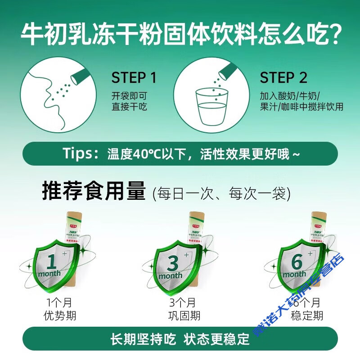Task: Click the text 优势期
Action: pos(60,315)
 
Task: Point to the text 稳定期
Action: pos(307,315)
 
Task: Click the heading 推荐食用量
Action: pos(94,192)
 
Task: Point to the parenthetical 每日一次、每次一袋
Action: pos(221,194)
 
